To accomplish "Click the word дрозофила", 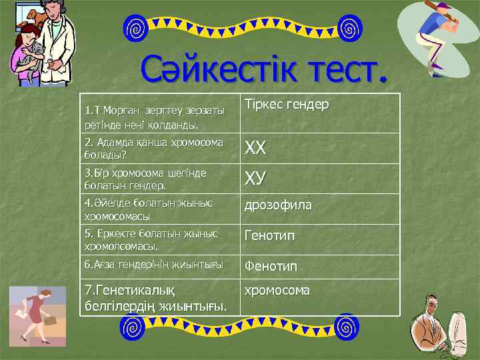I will coord(278,205).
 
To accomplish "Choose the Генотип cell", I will coord(270,235).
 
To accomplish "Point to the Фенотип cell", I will coord(271,265).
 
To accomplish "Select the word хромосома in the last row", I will coord(277,291).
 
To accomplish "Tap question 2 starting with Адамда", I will coord(154,148).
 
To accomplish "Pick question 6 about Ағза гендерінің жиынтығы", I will coord(153,265).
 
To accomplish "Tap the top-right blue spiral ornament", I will coord(349,29).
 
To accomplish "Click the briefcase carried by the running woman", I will coord(49,321).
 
